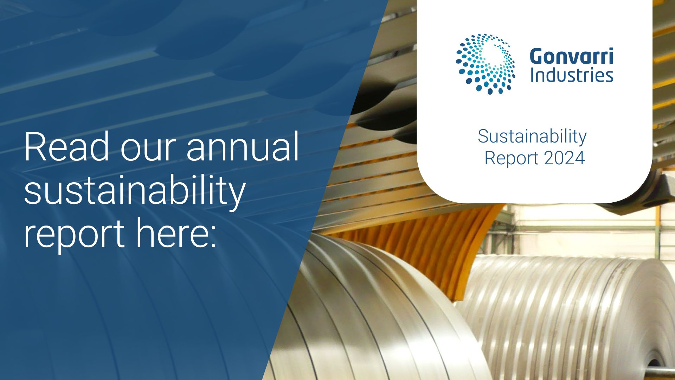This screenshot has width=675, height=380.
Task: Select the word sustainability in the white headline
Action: (134, 191)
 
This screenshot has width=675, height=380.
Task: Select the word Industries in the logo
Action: (572, 75)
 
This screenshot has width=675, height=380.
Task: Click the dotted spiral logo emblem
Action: (486, 64)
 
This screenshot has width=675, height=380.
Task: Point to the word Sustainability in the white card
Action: (532, 137)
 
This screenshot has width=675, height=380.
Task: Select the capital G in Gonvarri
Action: (537, 56)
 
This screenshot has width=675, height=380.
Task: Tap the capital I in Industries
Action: (532, 75)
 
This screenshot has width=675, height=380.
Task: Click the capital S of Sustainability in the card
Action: (484, 136)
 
